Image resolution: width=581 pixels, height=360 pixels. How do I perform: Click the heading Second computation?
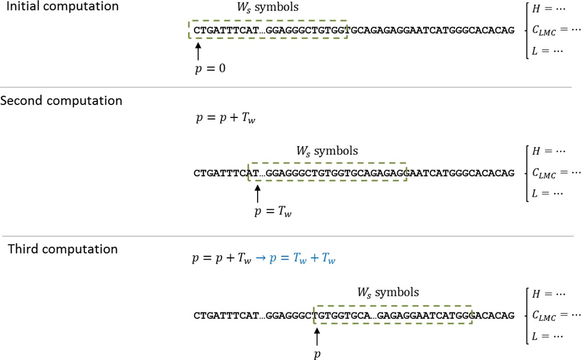pyautogui.click(x=61, y=101)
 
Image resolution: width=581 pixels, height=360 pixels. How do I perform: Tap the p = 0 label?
pyautogui.click(x=210, y=69)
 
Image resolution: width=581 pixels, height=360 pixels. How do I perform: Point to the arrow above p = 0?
pyautogui.click(x=197, y=51)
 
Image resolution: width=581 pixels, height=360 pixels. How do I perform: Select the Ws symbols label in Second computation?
pyautogui.click(x=327, y=151)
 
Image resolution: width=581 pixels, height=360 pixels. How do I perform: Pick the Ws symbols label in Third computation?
pyautogui.click(x=388, y=293)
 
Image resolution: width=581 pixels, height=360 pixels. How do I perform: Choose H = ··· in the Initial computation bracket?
pyautogui.click(x=550, y=9)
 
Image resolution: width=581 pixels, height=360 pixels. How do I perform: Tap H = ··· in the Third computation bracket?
pyautogui.click(x=550, y=294)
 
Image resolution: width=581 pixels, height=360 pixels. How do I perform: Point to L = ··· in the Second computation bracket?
pyautogui.click(x=548, y=193)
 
